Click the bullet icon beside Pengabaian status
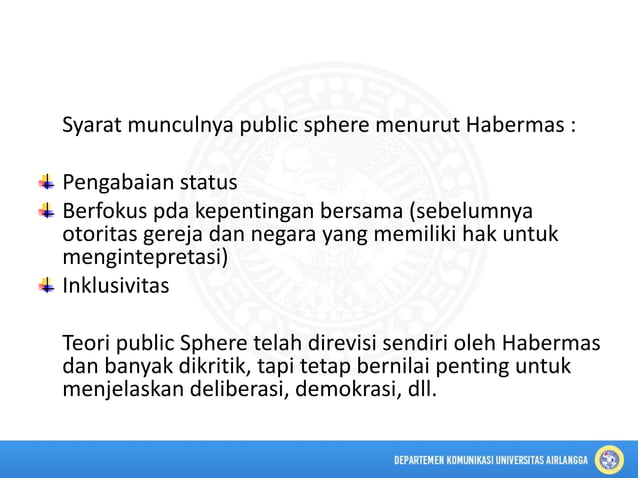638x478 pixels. click(x=47, y=183)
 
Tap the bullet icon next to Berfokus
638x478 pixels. click(x=47, y=211)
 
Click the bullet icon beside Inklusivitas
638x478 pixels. click(x=47, y=286)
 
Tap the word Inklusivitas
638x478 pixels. click(x=116, y=286)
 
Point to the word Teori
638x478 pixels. click(x=87, y=343)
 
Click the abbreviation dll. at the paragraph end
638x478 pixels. click(x=420, y=388)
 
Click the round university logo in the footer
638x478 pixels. click(x=609, y=459)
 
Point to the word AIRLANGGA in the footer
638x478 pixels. click(x=560, y=460)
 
